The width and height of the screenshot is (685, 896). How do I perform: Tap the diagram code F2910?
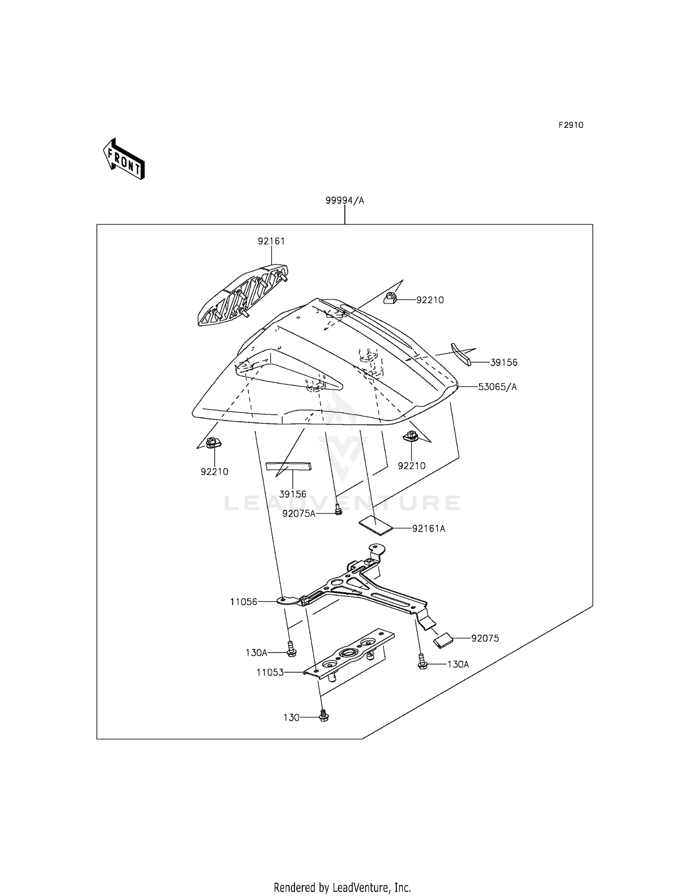tap(570, 125)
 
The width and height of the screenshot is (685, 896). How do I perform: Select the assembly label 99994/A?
tap(345, 200)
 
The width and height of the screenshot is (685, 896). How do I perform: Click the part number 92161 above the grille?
tap(271, 241)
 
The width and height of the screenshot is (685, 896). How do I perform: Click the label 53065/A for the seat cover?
tap(497, 387)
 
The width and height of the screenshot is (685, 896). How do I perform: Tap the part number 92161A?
tap(428, 528)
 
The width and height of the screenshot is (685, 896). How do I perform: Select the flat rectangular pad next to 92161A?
tap(376, 525)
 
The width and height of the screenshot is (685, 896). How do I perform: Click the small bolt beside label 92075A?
tap(338, 509)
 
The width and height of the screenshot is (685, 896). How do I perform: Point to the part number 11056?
tap(244, 602)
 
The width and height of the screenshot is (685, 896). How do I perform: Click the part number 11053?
tap(270, 672)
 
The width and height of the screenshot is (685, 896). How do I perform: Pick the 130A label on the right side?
tap(458, 664)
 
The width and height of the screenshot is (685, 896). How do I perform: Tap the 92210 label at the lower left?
tap(214, 471)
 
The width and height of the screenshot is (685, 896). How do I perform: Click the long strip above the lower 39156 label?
tap(288, 466)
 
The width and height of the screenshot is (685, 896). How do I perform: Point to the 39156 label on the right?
tap(504, 363)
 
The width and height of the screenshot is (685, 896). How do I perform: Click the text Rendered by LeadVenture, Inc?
tap(342, 887)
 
